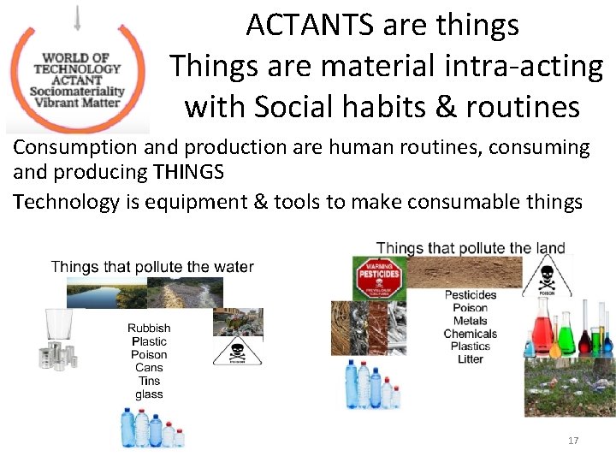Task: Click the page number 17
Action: point(573,441)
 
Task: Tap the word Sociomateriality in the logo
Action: point(77,92)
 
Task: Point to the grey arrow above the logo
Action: point(78,17)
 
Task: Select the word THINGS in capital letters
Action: point(188,172)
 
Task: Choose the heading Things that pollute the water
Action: point(152,267)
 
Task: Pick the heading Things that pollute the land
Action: point(471,249)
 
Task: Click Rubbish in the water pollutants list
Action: point(149,328)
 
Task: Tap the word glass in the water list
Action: point(149,394)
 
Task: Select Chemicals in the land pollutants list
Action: point(470,334)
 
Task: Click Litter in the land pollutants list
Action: point(470,359)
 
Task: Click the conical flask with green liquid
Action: point(566,335)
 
